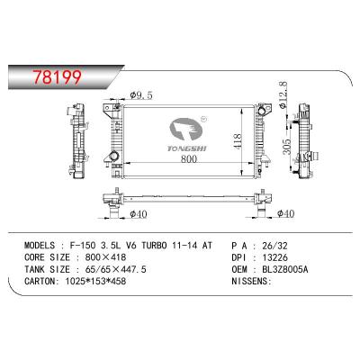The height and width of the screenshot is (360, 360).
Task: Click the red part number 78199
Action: (58, 77)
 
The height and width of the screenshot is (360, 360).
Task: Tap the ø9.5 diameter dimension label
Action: (141, 95)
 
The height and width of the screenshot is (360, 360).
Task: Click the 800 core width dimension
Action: (188, 158)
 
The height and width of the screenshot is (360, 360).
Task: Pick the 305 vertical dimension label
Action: (287, 147)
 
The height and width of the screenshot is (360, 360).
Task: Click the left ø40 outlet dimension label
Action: (139, 214)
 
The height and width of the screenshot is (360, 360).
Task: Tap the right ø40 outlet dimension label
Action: (285, 213)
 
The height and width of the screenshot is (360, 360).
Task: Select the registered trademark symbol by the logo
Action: (202, 119)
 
